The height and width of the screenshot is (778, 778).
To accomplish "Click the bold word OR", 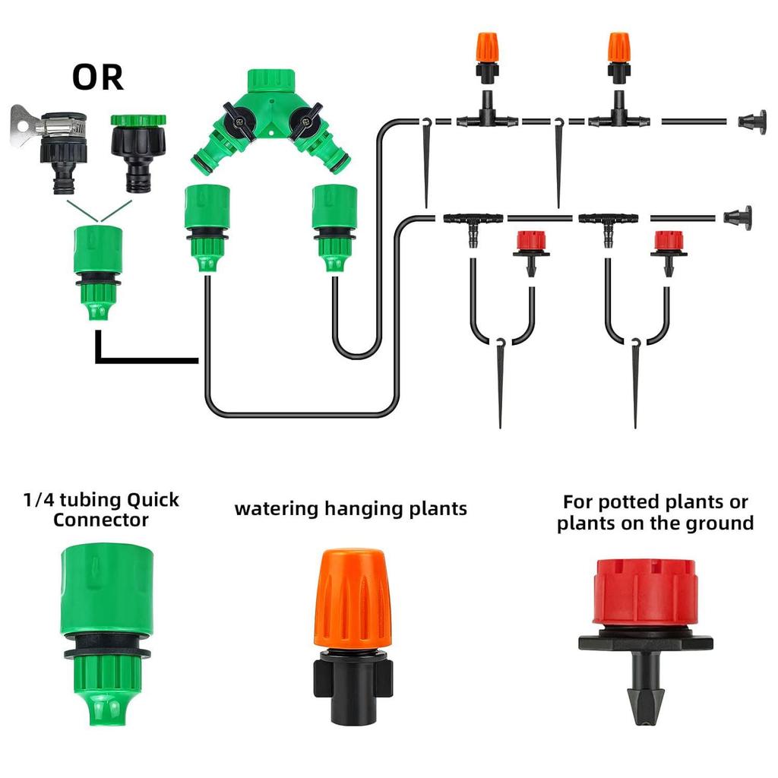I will point(97,77).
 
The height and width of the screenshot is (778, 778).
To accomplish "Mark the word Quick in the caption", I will point(153,500).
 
